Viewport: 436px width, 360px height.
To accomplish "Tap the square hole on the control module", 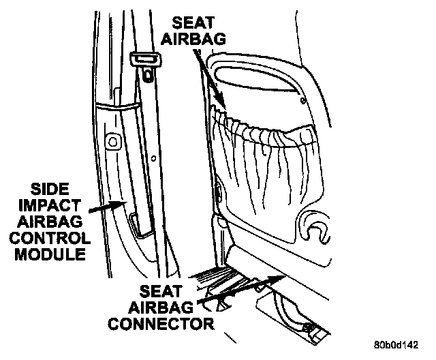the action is (113, 142).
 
